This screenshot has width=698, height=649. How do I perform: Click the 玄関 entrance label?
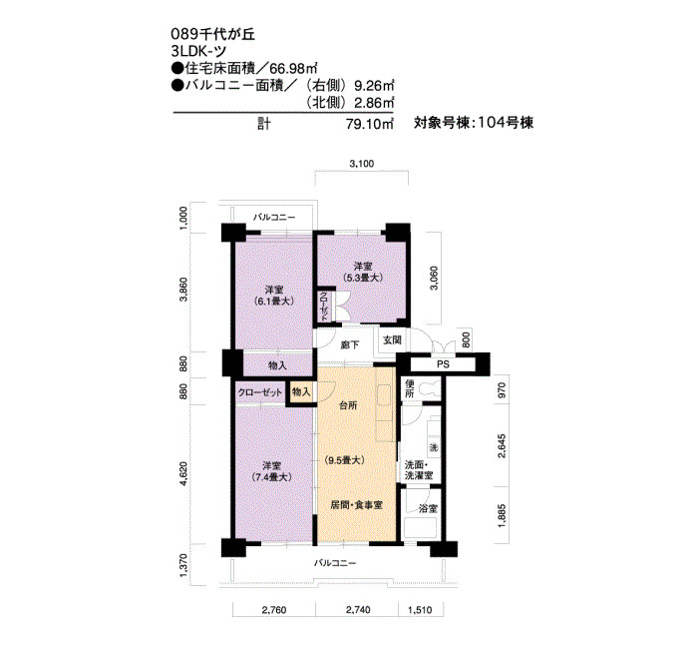(393, 340)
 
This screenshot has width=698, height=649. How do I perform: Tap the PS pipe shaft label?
(443, 364)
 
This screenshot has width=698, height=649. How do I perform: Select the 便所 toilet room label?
(410, 389)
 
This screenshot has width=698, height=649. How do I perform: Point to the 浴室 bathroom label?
(428, 508)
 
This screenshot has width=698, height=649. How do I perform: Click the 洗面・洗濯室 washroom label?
(419, 470)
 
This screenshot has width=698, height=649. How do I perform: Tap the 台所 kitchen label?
(348, 405)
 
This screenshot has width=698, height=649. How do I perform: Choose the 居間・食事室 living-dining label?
(357, 505)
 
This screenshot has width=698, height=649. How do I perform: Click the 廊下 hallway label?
(349, 345)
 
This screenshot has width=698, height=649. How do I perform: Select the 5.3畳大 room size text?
(363, 278)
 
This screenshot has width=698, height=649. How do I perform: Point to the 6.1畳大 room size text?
(274, 301)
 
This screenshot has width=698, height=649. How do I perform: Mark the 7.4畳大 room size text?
(271, 477)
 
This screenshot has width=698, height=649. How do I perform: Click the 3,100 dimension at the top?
(361, 164)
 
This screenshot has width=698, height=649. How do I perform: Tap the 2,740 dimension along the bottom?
(358, 610)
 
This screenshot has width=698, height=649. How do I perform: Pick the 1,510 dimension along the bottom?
(420, 610)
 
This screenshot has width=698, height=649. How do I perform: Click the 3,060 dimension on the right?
(434, 279)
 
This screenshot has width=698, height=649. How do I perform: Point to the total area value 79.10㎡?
(370, 124)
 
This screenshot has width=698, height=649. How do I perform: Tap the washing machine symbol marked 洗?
(433, 447)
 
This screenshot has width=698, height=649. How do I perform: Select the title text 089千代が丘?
(213, 34)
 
